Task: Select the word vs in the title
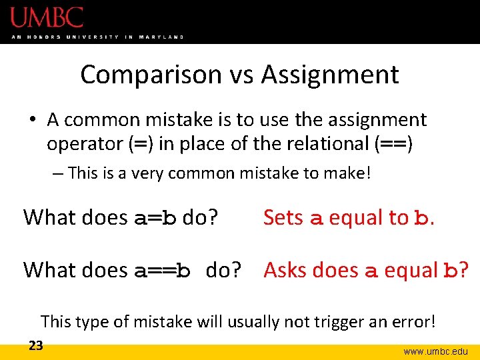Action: tap(241, 75)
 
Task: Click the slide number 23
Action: tap(35, 345)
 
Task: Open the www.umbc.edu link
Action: tap(436, 351)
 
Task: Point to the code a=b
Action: tap(155, 217)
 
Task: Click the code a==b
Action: tap(163, 270)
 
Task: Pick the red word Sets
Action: tap(283, 217)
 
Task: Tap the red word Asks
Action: tap(285, 270)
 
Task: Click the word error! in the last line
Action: tap(415, 321)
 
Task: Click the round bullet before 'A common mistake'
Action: tap(33, 120)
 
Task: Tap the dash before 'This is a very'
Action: tap(57, 174)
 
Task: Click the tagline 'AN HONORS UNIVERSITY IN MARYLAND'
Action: tap(97, 37)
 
